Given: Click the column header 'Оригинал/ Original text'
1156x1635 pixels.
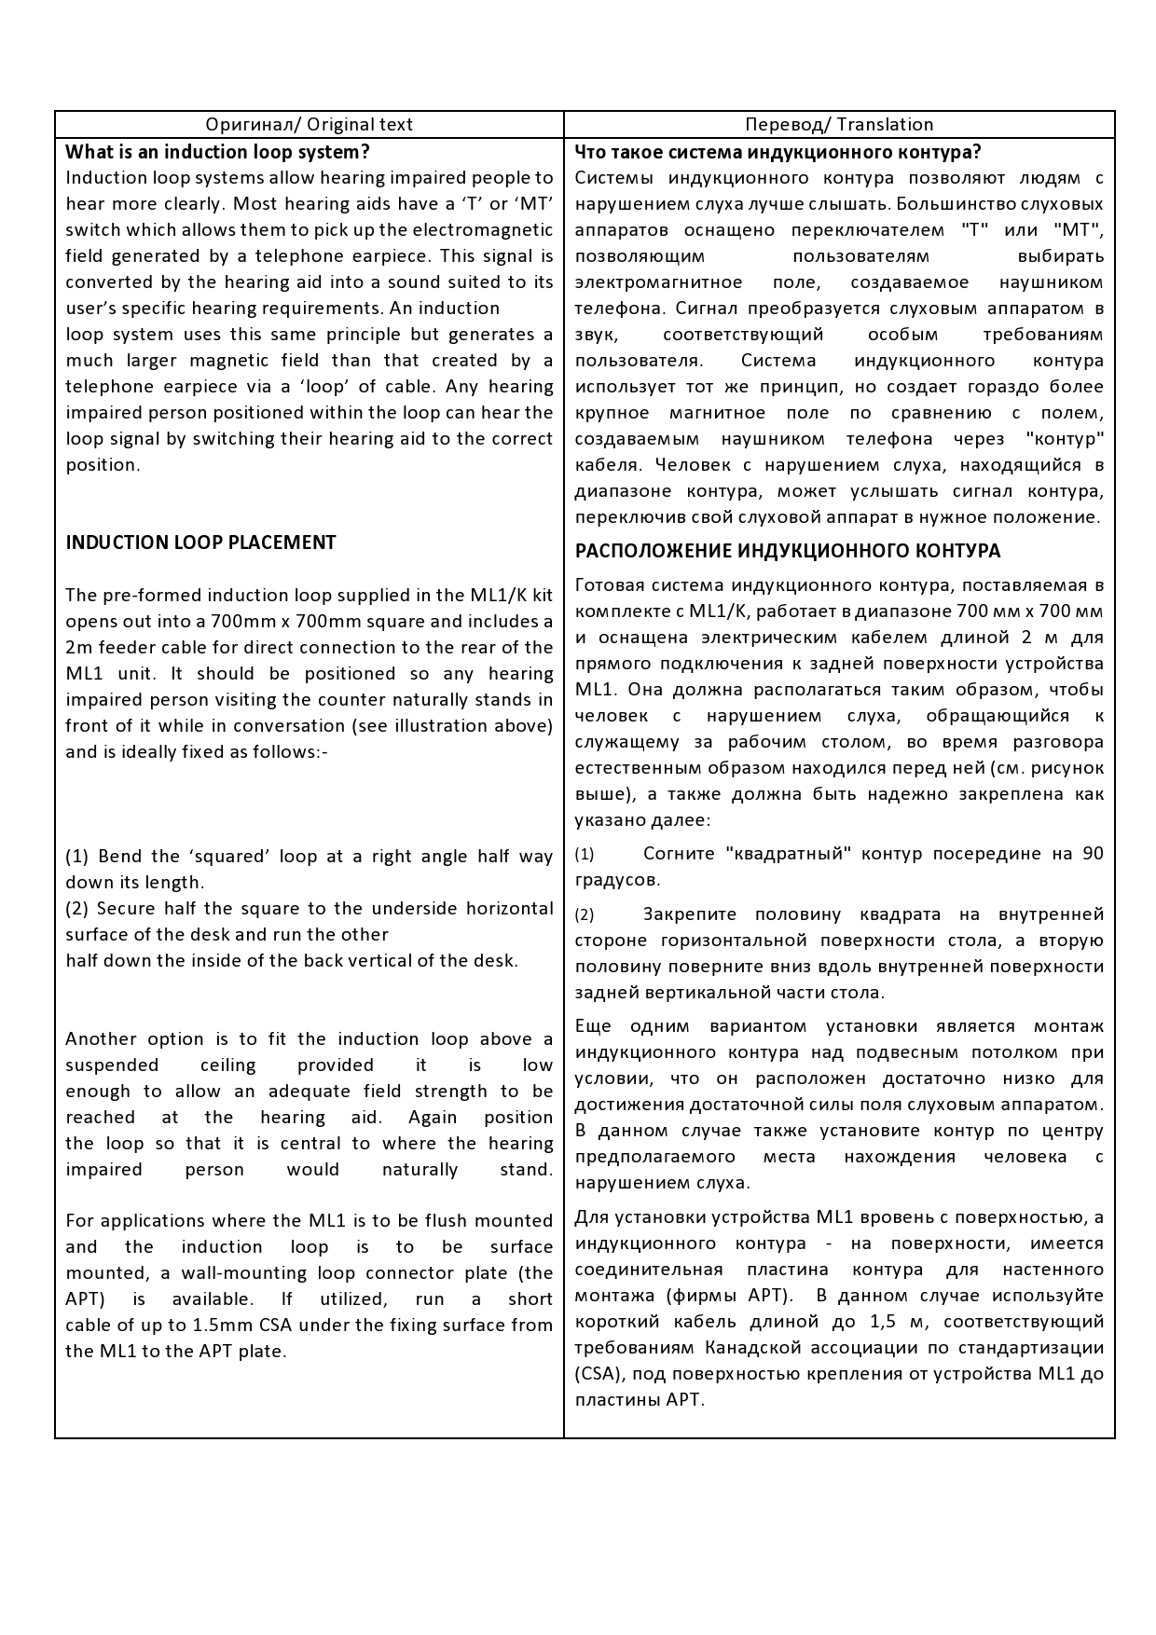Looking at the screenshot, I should point(309,125).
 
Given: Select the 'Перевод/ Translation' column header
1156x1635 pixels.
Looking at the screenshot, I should point(839,125).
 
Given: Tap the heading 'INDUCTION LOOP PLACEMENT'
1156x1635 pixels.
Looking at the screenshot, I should point(200,543).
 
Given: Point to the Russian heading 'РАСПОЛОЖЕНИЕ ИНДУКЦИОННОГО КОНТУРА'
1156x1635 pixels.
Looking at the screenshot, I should point(788,551).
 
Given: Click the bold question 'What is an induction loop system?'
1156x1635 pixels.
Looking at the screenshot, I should point(217,152).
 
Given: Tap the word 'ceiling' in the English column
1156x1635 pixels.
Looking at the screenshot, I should point(227,1065).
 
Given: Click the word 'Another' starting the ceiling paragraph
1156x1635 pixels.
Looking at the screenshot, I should point(103,1038).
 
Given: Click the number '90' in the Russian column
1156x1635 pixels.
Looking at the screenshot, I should point(1093,853).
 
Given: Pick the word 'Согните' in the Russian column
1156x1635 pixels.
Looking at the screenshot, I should point(678,853).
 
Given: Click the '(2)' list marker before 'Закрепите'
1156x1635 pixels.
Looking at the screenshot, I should point(584,914).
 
